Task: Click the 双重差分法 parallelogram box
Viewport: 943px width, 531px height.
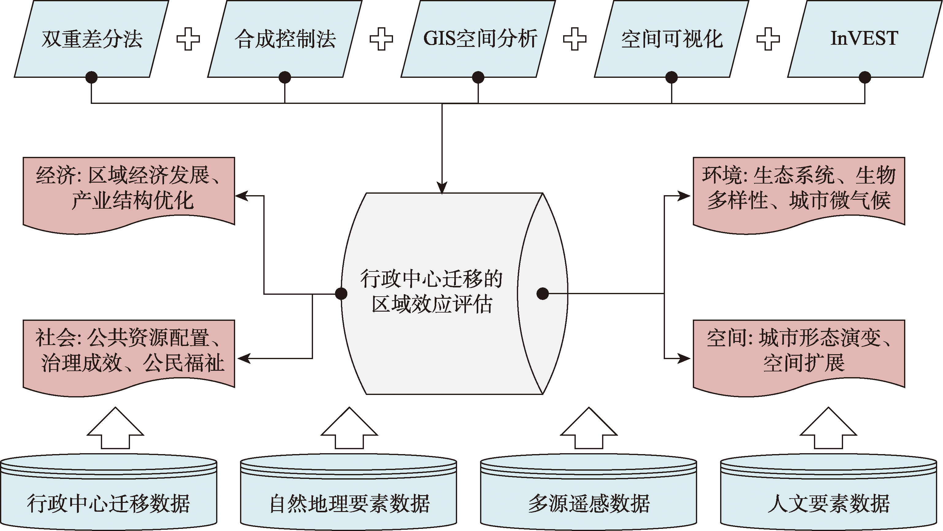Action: pos(92,39)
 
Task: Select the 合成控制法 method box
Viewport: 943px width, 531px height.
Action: pos(285,39)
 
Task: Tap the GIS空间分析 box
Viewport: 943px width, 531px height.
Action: pos(478,39)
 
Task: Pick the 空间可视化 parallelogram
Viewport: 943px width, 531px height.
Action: pos(671,39)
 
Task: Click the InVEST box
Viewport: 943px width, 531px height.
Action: pos(864,39)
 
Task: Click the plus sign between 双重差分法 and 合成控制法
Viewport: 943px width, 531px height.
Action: pos(188,39)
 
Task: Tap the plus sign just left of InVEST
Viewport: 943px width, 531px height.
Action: pos(768,39)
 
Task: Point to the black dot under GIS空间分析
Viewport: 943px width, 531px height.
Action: pos(478,77)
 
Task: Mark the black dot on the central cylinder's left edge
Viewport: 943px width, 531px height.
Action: pos(341,294)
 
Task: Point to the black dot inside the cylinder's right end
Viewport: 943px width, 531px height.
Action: pos(543,294)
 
